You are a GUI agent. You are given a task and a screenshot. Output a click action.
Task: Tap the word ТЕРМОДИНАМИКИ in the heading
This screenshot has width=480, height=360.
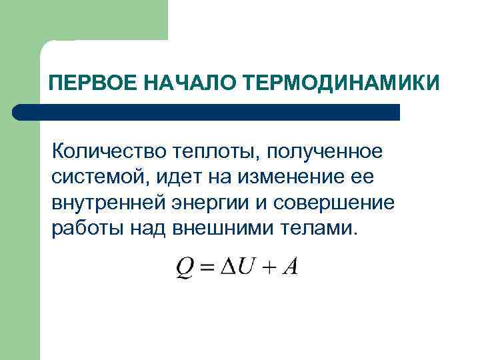(341, 84)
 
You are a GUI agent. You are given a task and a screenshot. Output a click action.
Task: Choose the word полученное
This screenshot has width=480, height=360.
(326, 153)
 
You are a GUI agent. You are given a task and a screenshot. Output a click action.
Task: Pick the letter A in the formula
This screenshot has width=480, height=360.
(289, 267)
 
